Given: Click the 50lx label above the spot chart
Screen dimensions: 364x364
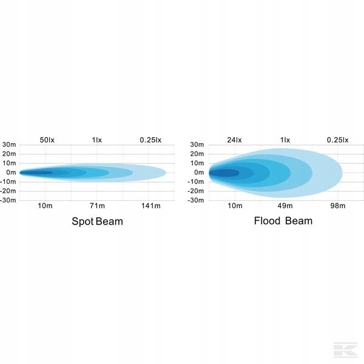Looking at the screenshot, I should click(47, 140).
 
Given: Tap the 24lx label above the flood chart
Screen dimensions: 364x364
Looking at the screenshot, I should click(234, 140).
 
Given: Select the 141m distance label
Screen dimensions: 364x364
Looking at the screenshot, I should click(150, 206).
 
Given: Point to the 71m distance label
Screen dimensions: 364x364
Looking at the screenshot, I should click(97, 206).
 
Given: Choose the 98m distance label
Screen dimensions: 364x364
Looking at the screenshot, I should click(337, 206).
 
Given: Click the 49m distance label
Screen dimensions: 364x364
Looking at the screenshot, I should click(285, 206).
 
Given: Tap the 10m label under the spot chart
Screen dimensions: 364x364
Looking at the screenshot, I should click(44, 206).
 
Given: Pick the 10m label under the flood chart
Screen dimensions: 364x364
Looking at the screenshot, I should click(235, 206).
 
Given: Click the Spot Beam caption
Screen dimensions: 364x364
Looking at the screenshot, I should click(97, 221).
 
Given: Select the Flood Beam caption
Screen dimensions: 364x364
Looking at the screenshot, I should click(283, 221).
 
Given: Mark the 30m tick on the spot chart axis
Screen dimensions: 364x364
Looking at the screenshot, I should click(9, 144).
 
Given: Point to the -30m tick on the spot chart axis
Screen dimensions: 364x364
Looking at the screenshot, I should click(8, 200).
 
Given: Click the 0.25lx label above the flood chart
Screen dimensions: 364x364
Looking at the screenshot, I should click(337, 140).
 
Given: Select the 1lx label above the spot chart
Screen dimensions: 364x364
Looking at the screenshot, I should click(97, 140).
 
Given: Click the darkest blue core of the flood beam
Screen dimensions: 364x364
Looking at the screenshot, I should click(223, 173).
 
